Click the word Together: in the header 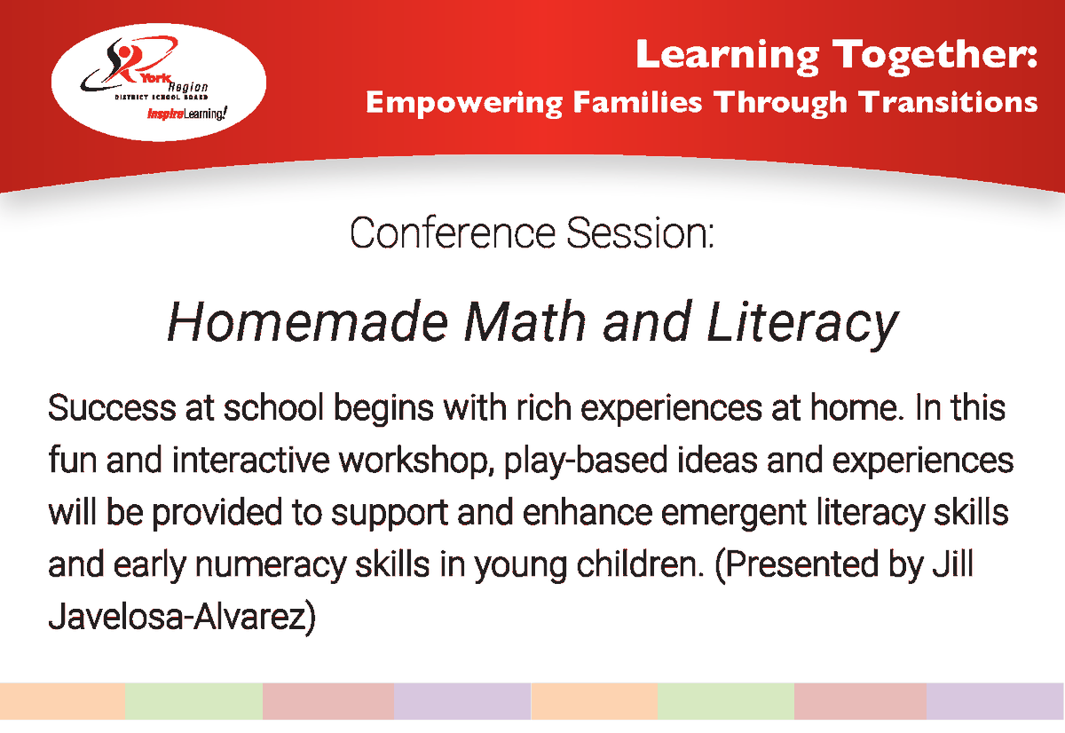click(x=934, y=55)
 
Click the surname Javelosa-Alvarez click(x=182, y=617)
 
